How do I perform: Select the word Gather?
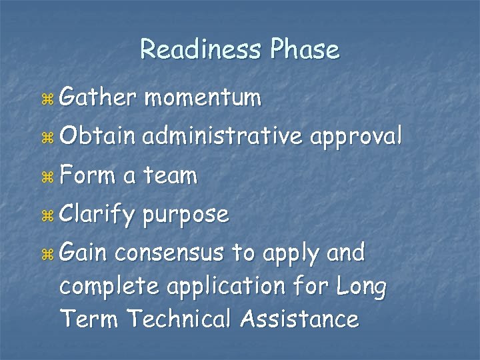(x=97, y=98)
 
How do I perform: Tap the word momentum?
(x=203, y=99)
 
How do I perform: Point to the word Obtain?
(x=97, y=137)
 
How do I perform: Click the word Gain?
(x=84, y=253)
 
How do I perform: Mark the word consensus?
(x=171, y=254)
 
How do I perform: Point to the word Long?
(x=361, y=287)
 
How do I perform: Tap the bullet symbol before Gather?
(x=47, y=99)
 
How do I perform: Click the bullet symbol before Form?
(x=47, y=177)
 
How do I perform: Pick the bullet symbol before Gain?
(x=47, y=254)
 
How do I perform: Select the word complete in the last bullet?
(x=110, y=287)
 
